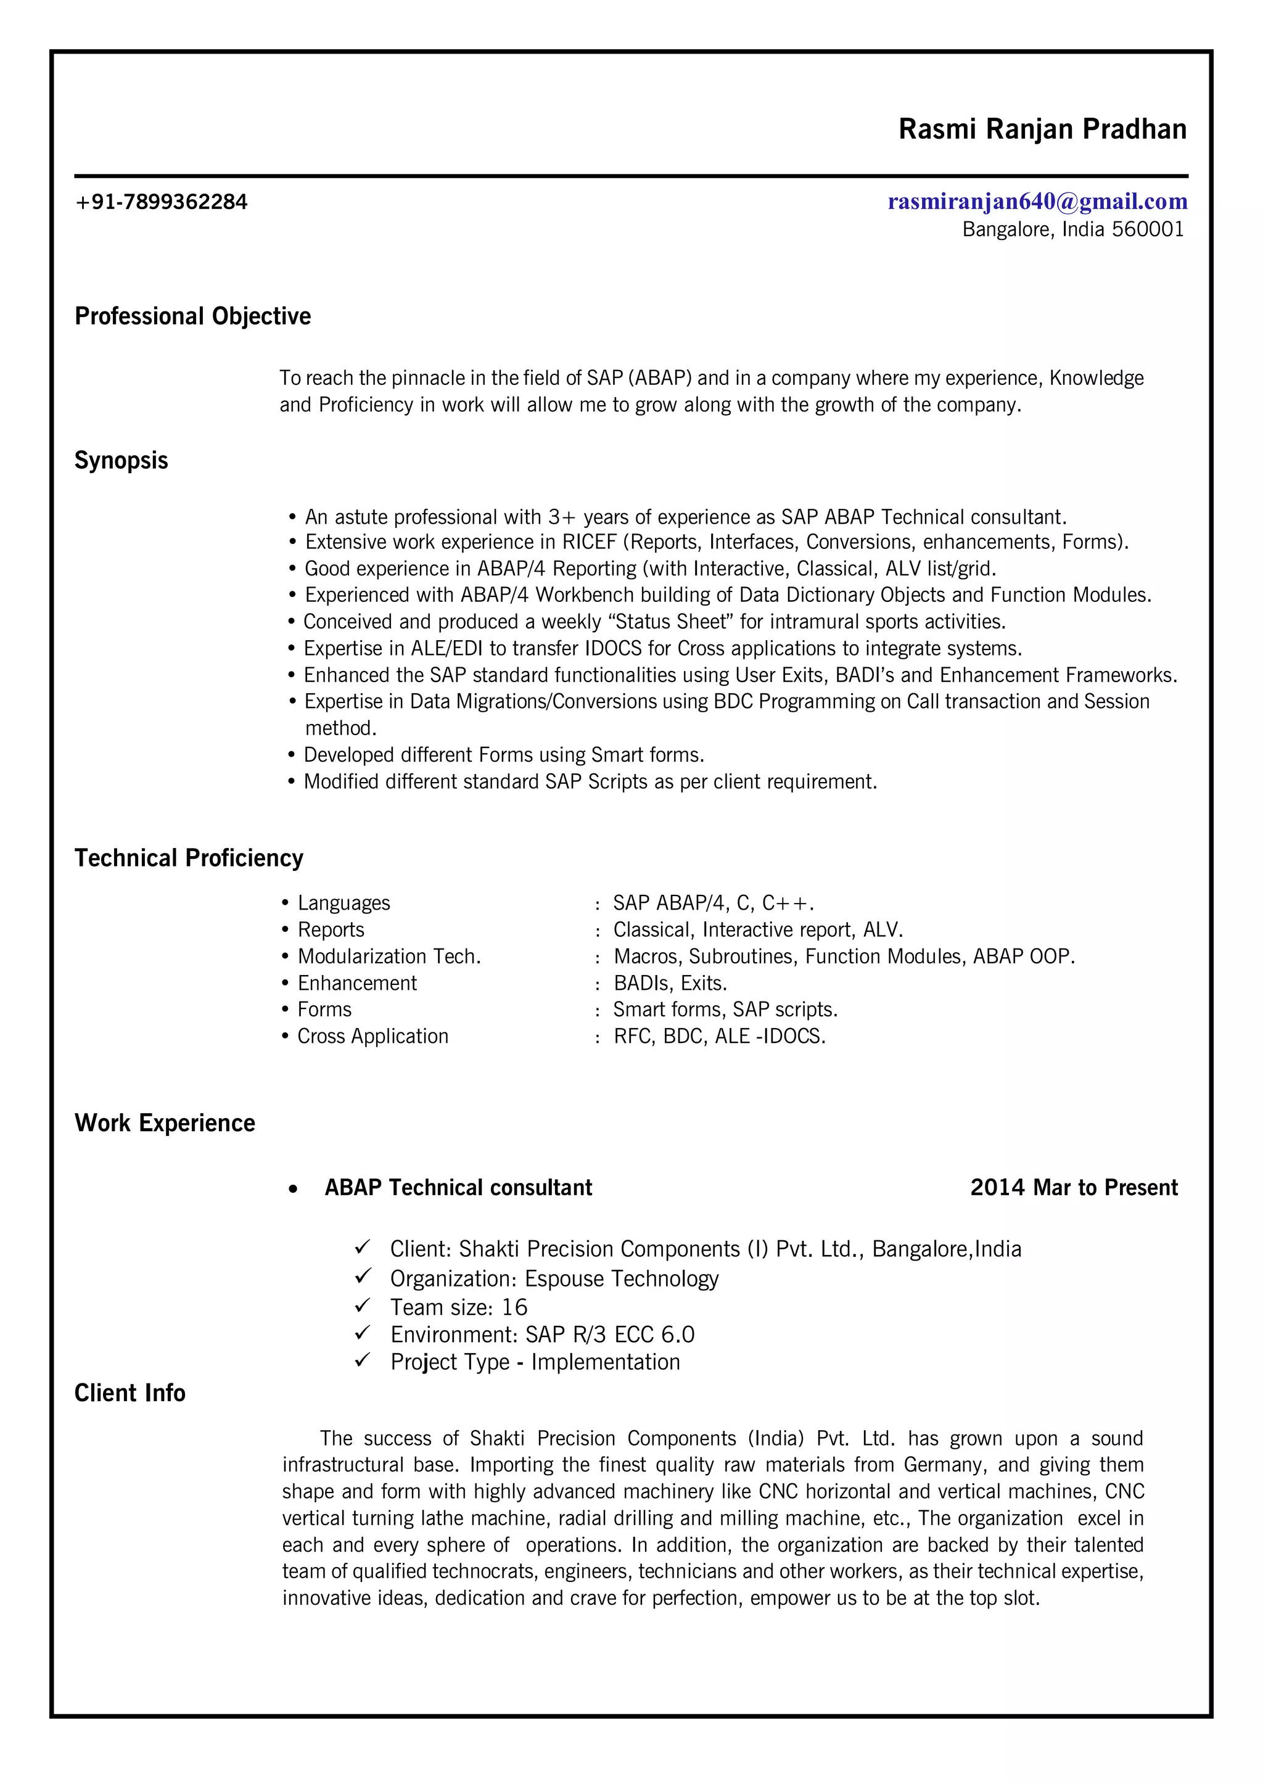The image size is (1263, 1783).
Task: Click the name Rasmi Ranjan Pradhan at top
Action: pyautogui.click(x=1042, y=129)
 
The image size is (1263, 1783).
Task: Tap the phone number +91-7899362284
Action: pyautogui.click(x=161, y=202)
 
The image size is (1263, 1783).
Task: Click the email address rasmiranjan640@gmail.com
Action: pyautogui.click(x=1037, y=202)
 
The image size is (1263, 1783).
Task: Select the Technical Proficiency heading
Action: pyautogui.click(x=188, y=859)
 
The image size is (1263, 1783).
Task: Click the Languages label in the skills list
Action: pyautogui.click(x=344, y=904)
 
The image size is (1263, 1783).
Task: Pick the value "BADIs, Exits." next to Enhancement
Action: pyautogui.click(x=670, y=984)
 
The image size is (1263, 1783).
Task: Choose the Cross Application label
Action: pyautogui.click(x=372, y=1037)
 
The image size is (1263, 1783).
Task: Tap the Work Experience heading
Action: pyautogui.click(x=164, y=1124)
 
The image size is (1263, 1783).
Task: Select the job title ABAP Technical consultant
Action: pyautogui.click(x=458, y=1188)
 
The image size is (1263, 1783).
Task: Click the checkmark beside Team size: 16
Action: pyautogui.click(x=363, y=1306)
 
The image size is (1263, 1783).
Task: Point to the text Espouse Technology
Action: pyautogui.click(x=622, y=1279)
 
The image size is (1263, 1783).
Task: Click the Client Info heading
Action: pyautogui.click(x=130, y=1393)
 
